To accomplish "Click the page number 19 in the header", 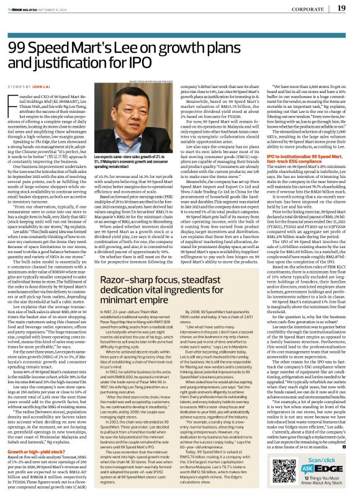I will [342, 8].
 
